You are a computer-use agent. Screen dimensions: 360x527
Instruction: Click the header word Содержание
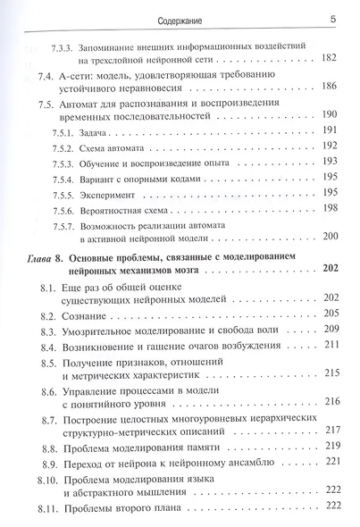pos(179,14)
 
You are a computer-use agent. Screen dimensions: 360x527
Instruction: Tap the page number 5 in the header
pos(332,14)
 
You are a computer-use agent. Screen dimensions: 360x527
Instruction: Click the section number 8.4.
pos(50,347)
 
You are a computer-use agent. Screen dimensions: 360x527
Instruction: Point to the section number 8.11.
pos(50,509)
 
